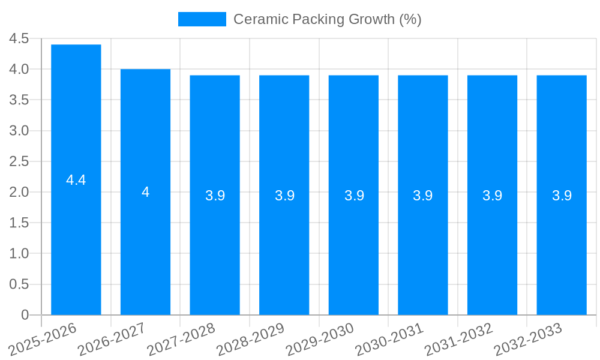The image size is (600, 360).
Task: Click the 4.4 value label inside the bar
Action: pyautogui.click(x=76, y=180)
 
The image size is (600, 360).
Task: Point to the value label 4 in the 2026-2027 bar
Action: pyautogui.click(x=145, y=192)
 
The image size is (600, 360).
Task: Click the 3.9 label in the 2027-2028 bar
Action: pyautogui.click(x=215, y=196)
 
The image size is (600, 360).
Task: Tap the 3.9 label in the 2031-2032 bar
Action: pyautogui.click(x=492, y=196)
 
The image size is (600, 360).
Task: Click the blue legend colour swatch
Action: pyautogui.click(x=202, y=19)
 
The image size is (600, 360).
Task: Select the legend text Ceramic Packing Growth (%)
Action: pyautogui.click(x=327, y=19)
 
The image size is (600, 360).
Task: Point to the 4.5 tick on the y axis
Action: pyautogui.click(x=19, y=38)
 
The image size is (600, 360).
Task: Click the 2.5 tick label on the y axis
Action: pyautogui.click(x=19, y=161)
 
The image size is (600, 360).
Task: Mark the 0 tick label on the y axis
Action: pyautogui.click(x=25, y=314)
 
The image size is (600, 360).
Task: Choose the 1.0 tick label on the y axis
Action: pyautogui.click(x=19, y=253)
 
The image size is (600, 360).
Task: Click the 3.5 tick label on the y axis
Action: pyautogui.click(x=19, y=100)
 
